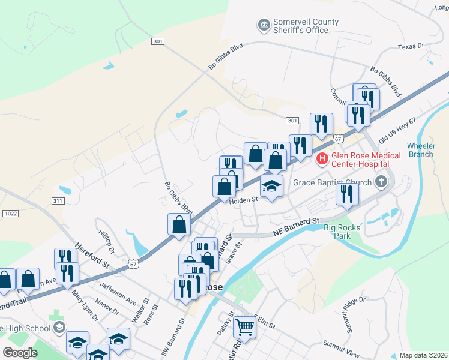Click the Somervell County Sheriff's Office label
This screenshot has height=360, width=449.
click(305, 26)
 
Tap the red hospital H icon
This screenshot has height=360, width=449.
click(322, 159)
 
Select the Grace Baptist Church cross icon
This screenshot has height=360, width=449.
click(381, 181)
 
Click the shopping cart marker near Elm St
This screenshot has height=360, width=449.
click(244, 327)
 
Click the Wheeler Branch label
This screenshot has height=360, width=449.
click(421, 150)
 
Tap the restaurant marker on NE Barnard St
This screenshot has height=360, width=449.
click(347, 194)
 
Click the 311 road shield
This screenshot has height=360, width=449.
click(58, 200)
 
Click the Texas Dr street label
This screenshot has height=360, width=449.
click(411, 46)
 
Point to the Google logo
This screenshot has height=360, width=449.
click(20, 353)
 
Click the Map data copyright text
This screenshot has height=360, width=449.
click(423, 355)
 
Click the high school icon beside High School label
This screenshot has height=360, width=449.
click(59, 328)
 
